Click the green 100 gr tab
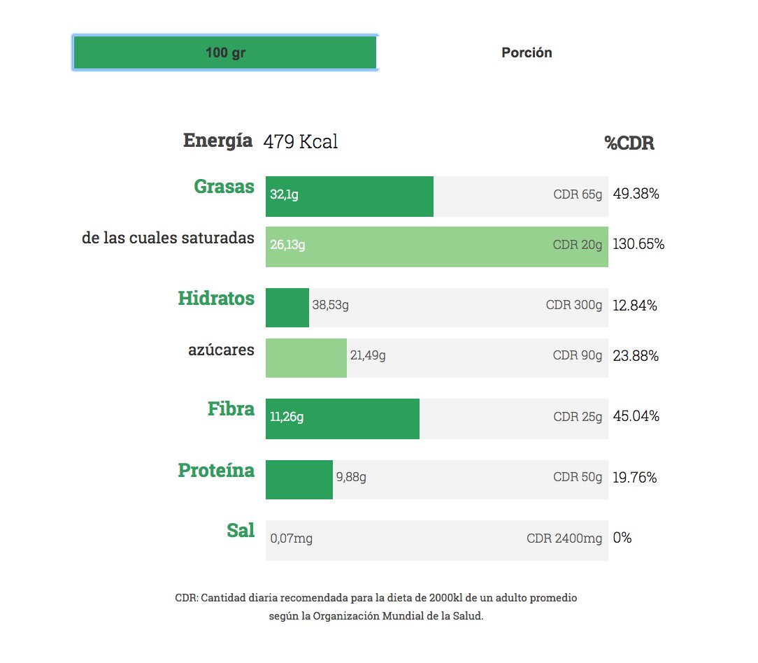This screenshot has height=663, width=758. (x=224, y=52)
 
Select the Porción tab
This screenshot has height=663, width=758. (x=527, y=52)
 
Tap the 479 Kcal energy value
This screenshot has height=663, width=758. (x=300, y=141)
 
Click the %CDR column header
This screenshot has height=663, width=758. (x=629, y=143)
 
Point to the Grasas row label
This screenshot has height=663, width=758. (x=224, y=186)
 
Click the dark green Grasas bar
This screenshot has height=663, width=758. (x=350, y=197)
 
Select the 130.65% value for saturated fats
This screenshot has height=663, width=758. (x=638, y=243)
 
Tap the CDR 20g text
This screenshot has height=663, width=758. (x=577, y=245)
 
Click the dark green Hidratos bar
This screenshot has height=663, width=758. (x=287, y=308)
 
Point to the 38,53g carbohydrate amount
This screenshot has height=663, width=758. (x=330, y=305)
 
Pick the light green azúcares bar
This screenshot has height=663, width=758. (x=306, y=358)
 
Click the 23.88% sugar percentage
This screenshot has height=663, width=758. (x=636, y=356)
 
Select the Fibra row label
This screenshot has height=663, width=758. (x=231, y=408)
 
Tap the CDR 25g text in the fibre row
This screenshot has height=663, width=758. (x=578, y=417)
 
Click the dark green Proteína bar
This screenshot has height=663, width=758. (x=299, y=480)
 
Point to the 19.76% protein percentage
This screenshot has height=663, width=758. (x=635, y=477)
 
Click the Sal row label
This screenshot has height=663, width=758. (x=241, y=530)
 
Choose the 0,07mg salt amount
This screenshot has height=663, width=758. (x=291, y=539)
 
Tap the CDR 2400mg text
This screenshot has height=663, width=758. (x=564, y=539)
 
